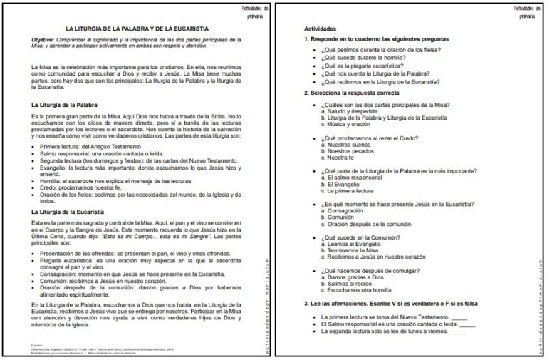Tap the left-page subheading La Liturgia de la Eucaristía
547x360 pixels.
tap(68, 212)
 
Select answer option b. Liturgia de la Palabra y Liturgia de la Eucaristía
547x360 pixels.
tap(383, 117)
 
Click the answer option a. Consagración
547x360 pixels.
tap(345, 212)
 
